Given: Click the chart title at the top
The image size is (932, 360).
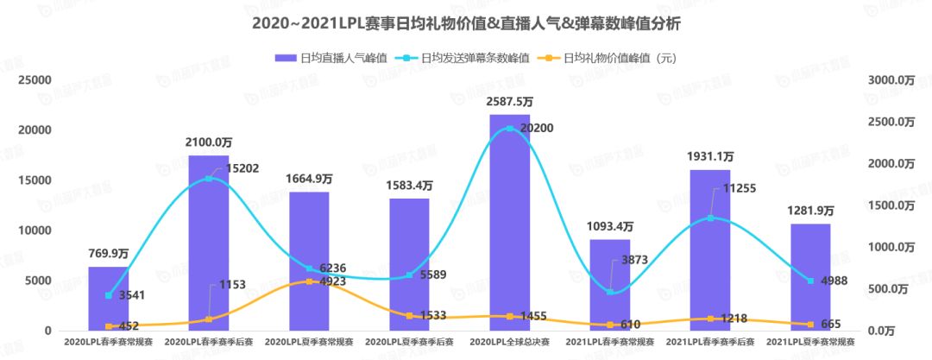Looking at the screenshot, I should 466,23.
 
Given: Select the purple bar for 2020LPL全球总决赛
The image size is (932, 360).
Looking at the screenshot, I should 509,224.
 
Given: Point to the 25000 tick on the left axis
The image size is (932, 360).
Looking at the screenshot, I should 35,79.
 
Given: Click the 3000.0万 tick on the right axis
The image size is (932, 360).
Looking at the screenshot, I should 891,79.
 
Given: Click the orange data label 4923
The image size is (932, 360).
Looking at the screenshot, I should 327,281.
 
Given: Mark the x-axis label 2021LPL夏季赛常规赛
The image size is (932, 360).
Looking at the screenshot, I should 810,343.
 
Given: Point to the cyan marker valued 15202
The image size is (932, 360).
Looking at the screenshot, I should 208,179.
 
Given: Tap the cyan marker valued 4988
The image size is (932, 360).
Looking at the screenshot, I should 810,281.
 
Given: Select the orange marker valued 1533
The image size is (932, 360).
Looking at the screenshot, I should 409,316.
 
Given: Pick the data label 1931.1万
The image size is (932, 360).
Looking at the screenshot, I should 710,157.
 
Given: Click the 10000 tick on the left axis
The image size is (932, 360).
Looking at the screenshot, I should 35,231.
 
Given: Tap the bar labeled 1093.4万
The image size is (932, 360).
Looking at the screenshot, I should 610,285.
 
